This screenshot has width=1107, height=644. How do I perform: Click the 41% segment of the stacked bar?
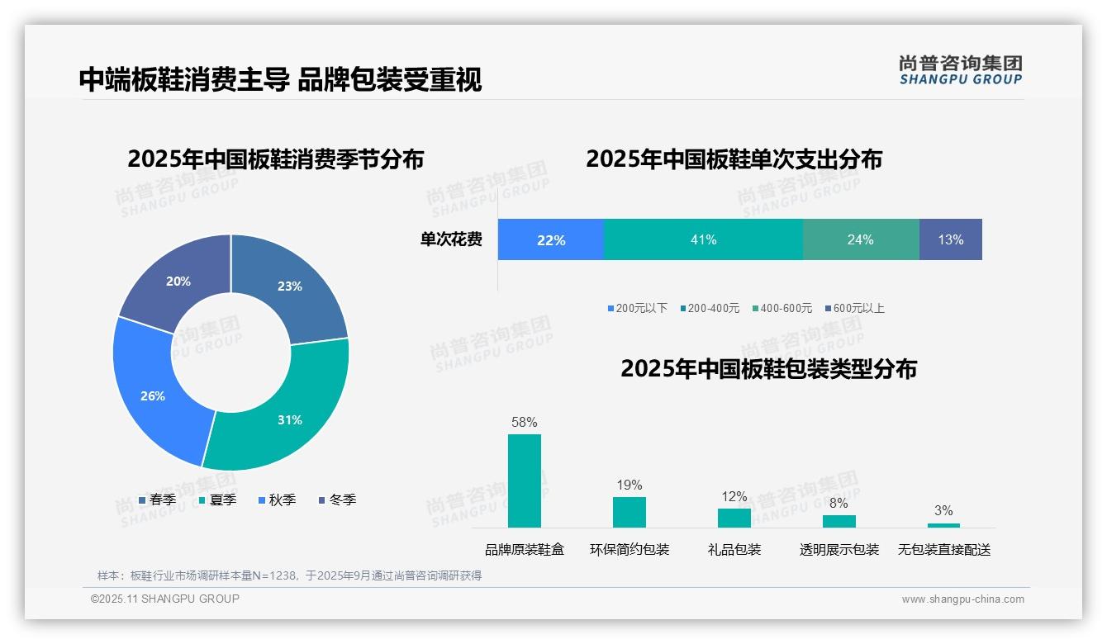point(703,239)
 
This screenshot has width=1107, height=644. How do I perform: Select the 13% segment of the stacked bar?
point(950,239)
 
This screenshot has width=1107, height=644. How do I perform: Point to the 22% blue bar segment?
point(550,239)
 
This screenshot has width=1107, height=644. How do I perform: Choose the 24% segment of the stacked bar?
point(860,239)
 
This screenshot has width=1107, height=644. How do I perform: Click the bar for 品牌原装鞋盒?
point(524,481)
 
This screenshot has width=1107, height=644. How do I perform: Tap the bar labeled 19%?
point(629,512)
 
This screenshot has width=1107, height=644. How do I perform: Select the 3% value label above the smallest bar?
point(943,510)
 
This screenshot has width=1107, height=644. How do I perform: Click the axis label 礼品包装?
point(734,550)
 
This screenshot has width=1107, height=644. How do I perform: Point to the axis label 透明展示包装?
point(839,550)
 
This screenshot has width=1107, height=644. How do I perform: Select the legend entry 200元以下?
point(637,308)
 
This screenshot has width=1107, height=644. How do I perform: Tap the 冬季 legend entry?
point(336,500)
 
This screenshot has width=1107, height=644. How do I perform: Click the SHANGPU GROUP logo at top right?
point(960,70)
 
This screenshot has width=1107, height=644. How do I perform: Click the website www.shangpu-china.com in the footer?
point(962,599)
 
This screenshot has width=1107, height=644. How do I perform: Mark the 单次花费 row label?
point(451,239)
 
